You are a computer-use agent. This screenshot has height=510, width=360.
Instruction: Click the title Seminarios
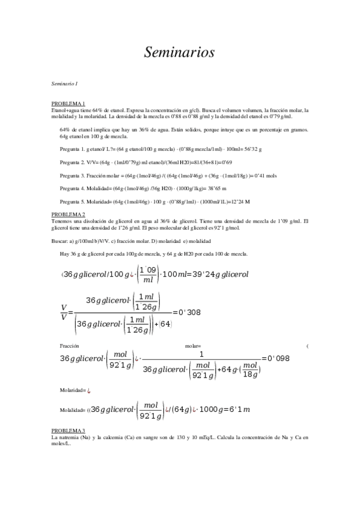click(x=179, y=53)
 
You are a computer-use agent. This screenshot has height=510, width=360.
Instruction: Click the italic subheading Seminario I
click(x=64, y=83)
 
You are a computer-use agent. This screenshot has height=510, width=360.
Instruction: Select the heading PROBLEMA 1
click(x=68, y=104)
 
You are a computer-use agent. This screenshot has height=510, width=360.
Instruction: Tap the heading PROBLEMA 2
click(x=68, y=214)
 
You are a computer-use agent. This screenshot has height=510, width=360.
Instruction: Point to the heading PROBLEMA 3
click(x=68, y=431)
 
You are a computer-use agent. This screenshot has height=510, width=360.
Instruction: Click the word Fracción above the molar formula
click(x=70, y=346)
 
